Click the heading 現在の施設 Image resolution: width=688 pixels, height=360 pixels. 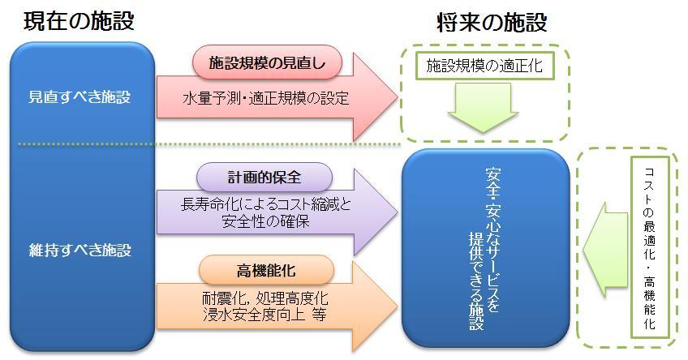tap(79, 20)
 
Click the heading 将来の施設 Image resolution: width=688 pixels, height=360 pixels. tap(492, 23)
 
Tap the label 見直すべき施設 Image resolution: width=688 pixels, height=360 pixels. tap(80, 97)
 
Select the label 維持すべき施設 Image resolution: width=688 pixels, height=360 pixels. tap(80, 250)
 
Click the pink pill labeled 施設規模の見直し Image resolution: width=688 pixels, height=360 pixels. tap(267, 62)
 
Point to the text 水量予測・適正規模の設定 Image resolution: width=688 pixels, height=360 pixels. tap(266, 98)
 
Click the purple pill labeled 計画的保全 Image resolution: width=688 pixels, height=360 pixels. tap(264, 177)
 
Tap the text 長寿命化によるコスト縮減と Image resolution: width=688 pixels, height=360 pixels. tap(266, 204)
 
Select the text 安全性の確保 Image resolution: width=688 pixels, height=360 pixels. tap(266, 221)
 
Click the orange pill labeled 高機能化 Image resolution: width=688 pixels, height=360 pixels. tap(266, 270)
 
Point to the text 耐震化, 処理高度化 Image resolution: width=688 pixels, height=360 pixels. tap(265, 298)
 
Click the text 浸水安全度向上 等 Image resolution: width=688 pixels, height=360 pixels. tap(264, 315)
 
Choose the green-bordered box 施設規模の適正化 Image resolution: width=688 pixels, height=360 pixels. tap(484, 66)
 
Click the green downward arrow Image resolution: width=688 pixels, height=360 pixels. tap(483, 107)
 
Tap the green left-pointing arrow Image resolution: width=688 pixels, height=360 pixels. tap(605, 250)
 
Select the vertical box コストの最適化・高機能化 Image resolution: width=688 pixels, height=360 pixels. tap(650, 248)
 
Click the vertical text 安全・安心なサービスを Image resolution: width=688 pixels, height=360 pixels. tap(492, 240)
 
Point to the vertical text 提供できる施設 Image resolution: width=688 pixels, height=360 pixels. tap(476, 281)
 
